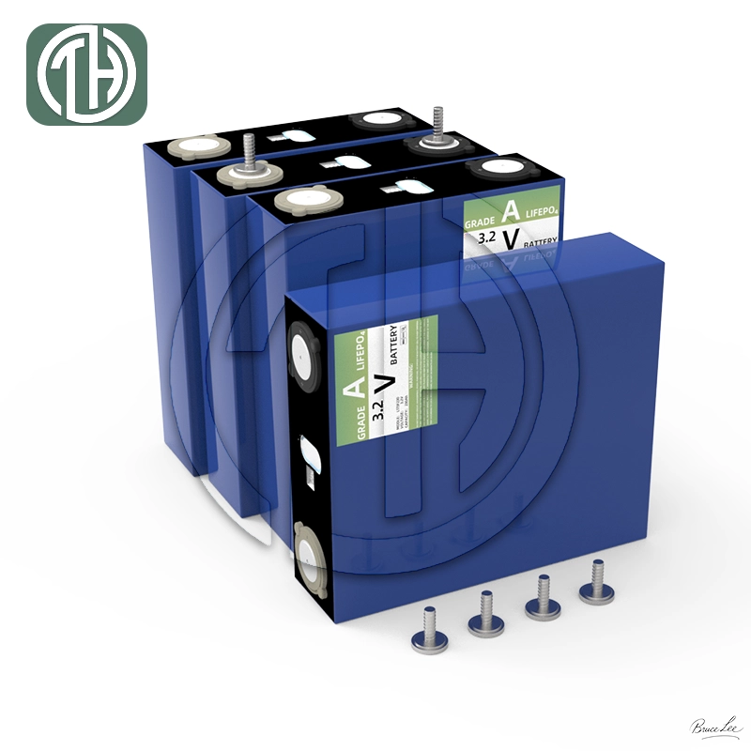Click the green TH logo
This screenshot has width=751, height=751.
86,74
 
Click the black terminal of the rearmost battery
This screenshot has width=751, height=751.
379,119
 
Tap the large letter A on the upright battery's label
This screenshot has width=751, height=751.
508,209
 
